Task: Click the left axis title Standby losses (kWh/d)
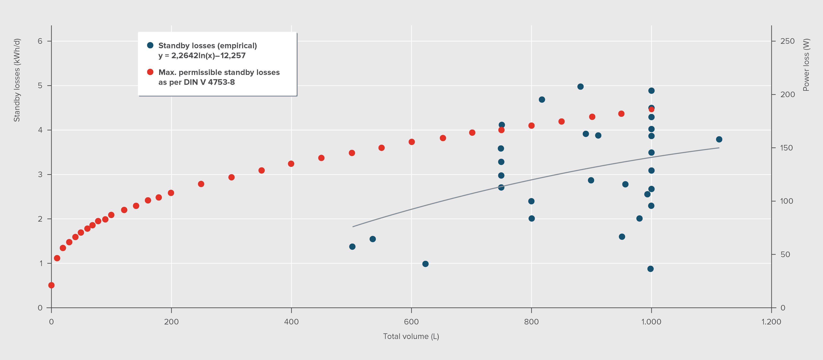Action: (17, 80)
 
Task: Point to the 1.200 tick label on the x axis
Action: (771, 322)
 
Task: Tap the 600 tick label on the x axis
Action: (411, 322)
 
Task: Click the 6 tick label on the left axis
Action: (40, 41)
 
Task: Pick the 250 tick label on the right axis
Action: (787, 41)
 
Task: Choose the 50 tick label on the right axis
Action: (785, 254)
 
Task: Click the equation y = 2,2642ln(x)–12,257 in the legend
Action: (202, 56)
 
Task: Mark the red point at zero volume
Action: (51, 285)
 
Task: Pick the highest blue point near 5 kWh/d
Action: (580, 87)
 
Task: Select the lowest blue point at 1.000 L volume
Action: (650, 269)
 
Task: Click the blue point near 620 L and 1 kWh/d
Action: (425, 264)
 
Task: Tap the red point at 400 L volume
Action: (291, 164)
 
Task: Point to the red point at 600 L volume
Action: (411, 142)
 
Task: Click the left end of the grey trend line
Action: (353, 227)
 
